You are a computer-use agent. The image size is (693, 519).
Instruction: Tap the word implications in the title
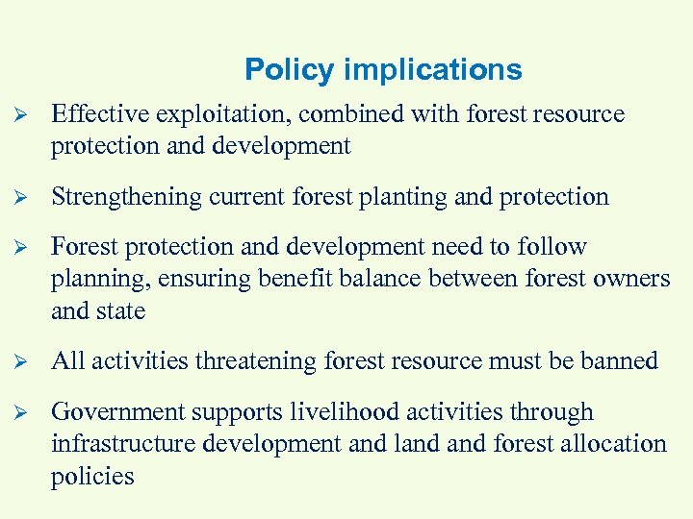point(432,70)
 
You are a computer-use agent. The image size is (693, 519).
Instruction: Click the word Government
point(118,412)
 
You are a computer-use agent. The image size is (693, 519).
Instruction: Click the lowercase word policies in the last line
point(92,477)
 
